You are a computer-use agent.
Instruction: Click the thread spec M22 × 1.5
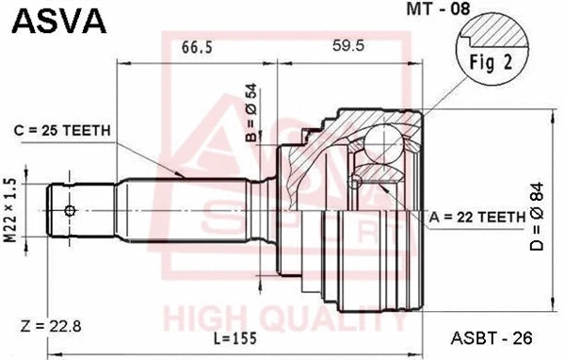[10, 211]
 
